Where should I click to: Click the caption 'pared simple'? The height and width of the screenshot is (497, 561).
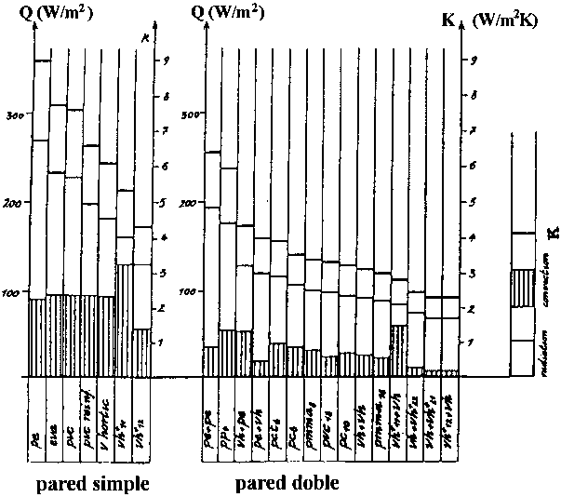pos(91,485)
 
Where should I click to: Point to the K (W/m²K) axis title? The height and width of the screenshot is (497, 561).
pos(508,17)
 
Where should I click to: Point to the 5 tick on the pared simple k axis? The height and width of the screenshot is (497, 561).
pos(164,203)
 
